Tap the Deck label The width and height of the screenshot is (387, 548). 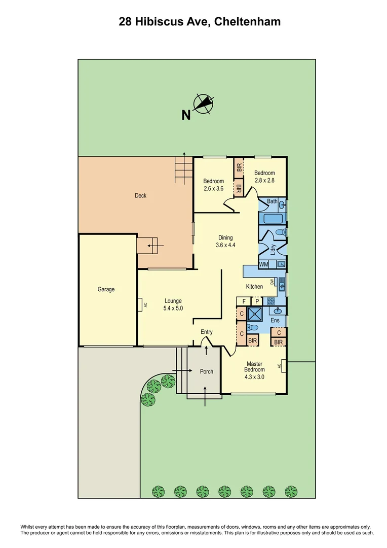click(x=140, y=195)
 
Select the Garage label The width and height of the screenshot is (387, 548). click(x=106, y=289)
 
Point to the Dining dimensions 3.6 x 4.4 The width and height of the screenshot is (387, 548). click(x=225, y=245)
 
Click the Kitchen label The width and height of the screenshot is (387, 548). click(x=254, y=287)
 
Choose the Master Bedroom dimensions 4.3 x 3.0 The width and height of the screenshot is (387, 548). click(x=255, y=377)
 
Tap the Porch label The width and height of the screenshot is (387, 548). click(x=206, y=371)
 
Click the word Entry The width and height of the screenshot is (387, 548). click(x=207, y=332)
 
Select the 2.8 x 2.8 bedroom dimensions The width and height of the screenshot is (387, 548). click(x=264, y=180)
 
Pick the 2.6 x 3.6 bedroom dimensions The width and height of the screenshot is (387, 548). click(x=213, y=188)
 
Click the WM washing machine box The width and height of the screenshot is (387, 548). click(x=263, y=264)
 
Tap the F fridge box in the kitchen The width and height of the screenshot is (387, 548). click(x=244, y=301)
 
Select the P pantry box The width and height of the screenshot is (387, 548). click(x=257, y=301)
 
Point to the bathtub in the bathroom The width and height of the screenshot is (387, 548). click(x=272, y=219)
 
